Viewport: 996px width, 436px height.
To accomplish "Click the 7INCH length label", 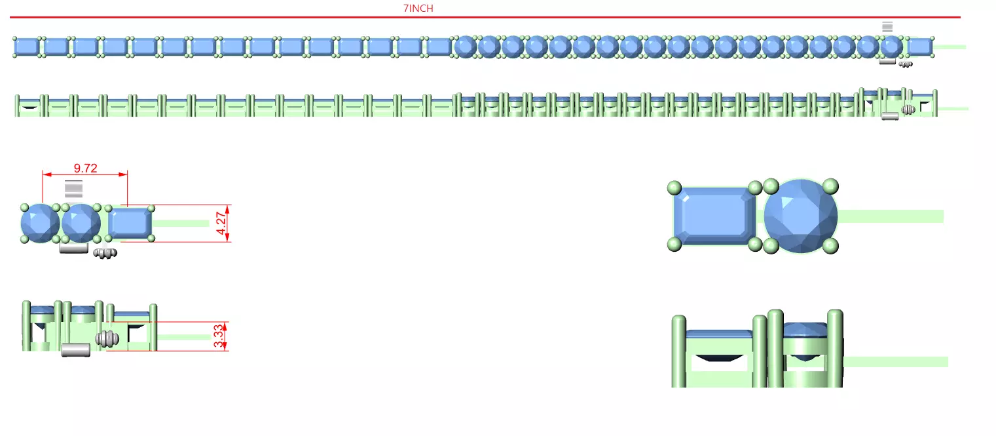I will pyautogui.click(x=418, y=9).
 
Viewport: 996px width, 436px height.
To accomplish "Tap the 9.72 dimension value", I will pyautogui.click(x=85, y=168).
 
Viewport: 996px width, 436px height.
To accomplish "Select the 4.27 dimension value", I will pyautogui.click(x=222, y=224).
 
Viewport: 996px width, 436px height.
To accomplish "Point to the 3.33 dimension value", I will pyautogui.click(x=219, y=336).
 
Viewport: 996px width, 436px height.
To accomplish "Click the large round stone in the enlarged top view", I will pyautogui.click(x=800, y=216).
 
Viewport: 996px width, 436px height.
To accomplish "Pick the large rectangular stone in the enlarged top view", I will pyautogui.click(x=714, y=216).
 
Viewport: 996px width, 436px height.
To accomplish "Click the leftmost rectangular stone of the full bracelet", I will pyautogui.click(x=26, y=47).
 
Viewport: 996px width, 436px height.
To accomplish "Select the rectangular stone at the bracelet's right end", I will pyautogui.click(x=919, y=47).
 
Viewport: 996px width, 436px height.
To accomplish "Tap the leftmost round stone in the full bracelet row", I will pyautogui.click(x=465, y=47).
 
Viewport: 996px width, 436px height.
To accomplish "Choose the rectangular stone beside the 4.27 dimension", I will pyautogui.click(x=129, y=223).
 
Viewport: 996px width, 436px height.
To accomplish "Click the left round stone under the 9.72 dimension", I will pyautogui.click(x=40, y=223).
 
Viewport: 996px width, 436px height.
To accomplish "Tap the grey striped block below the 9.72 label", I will pyautogui.click(x=74, y=189).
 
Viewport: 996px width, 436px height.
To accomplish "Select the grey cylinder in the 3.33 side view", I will pyautogui.click(x=75, y=350).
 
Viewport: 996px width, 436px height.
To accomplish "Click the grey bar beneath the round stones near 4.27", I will pyautogui.click(x=73, y=249).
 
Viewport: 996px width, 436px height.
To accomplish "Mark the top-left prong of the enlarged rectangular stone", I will pyautogui.click(x=674, y=189).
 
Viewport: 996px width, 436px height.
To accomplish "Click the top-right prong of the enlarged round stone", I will pyautogui.click(x=830, y=186).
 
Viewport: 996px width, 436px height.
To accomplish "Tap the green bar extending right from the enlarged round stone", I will pyautogui.click(x=891, y=216).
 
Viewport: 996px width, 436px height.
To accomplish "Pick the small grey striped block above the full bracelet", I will pyautogui.click(x=887, y=27).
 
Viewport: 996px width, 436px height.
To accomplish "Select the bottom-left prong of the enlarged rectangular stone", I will pyautogui.click(x=674, y=245).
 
